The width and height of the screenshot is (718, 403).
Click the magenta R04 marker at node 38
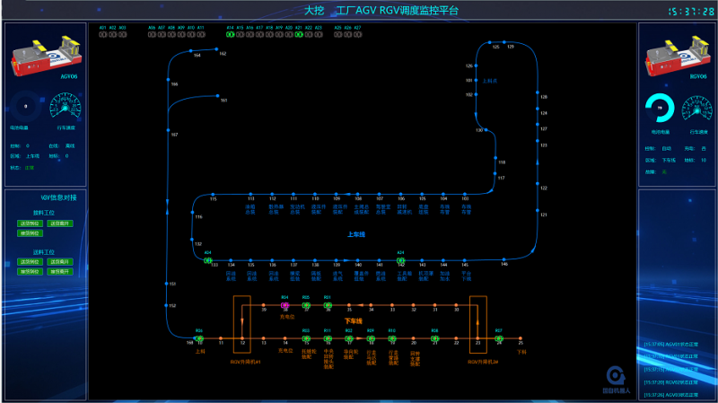[285, 305]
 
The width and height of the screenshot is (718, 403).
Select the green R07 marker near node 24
[499, 338]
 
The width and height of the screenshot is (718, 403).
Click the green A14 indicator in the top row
[231, 35]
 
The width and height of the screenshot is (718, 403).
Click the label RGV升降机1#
[244, 361]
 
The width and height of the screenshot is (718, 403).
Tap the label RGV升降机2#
[482, 361]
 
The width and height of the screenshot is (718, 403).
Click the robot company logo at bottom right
[616, 377]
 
